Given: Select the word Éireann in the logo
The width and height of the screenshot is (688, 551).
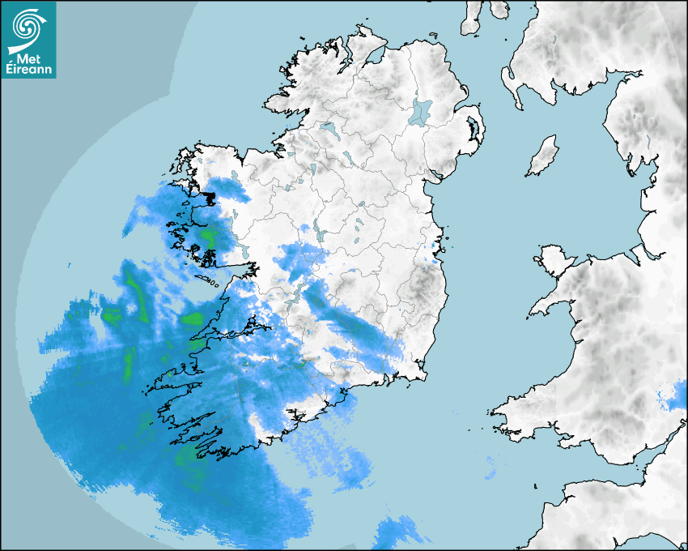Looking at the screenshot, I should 28,70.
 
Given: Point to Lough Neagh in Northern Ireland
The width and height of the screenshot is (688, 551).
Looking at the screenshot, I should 421,111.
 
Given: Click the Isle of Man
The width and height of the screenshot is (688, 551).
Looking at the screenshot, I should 543,156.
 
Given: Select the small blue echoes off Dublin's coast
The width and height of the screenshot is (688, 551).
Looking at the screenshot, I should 435,251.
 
